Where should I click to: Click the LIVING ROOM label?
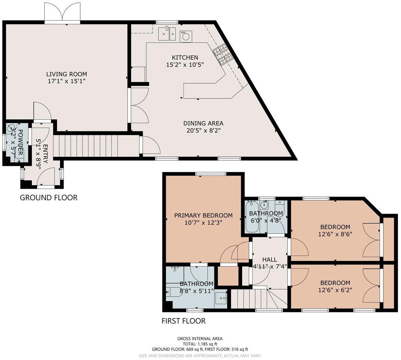click(x=67, y=74)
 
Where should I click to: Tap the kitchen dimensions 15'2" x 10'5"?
click(x=185, y=64)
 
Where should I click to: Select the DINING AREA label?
click(x=203, y=123)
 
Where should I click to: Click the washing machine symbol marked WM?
click(x=185, y=36)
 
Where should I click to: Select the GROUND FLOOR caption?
click(x=49, y=198)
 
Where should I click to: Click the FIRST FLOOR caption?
click(x=184, y=321)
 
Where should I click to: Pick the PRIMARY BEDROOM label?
click(x=203, y=215)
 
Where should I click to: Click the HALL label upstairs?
click(x=269, y=259)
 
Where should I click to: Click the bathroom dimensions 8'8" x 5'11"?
click(x=196, y=291)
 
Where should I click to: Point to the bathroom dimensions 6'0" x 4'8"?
click(x=266, y=220)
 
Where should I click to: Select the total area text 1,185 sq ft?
click(x=200, y=343)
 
